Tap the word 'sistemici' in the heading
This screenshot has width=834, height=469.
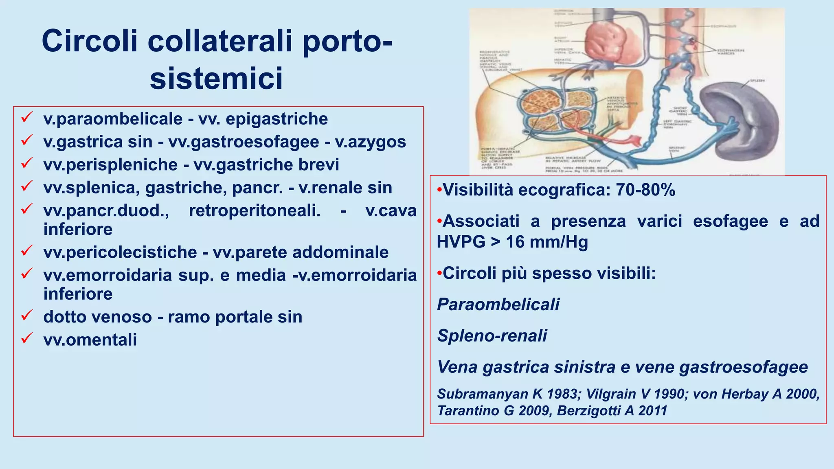[216, 78]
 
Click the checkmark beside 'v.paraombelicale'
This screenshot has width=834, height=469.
[27, 118]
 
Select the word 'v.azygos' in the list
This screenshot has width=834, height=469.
[370, 142]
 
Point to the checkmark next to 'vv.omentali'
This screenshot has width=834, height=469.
[27, 338]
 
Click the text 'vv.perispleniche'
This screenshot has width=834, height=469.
[110, 165]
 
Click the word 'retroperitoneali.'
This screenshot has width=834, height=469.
[255, 210]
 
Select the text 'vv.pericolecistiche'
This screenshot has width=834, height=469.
[120, 252]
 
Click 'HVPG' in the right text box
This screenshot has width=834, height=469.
[461, 242]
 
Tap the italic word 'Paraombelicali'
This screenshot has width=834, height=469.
[498, 304]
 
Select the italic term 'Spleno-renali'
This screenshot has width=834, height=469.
[492, 335]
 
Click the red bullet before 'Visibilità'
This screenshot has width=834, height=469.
[439, 190]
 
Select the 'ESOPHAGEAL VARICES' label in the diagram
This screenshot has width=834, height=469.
[731, 52]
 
